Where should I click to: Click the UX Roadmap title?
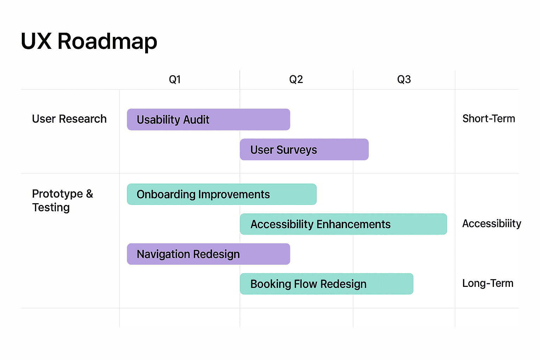(89, 41)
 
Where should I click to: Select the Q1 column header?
(175, 79)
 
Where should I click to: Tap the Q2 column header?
(296, 79)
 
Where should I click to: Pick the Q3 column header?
(404, 79)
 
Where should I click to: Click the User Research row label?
(69, 119)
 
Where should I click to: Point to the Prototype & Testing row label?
(63, 200)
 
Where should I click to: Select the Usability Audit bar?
(208, 120)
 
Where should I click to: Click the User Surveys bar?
(304, 149)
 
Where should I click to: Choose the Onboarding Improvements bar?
(221, 194)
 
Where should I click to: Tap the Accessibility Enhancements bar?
(343, 224)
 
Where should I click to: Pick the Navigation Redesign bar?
(208, 254)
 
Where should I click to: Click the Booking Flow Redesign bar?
(327, 284)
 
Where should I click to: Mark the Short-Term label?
(489, 119)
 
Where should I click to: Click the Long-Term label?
(488, 283)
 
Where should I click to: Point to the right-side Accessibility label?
(491, 224)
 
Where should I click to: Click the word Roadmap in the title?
(107, 41)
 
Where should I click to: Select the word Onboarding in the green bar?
(166, 194)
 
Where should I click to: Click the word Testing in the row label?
(51, 207)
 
